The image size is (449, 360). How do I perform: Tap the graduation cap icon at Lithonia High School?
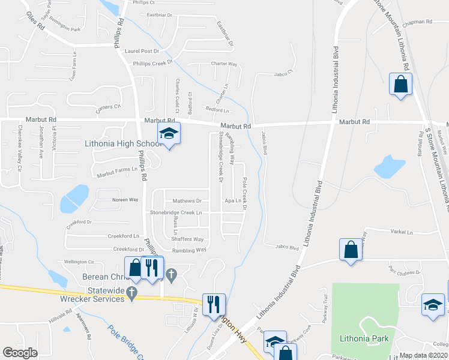coord(169,135)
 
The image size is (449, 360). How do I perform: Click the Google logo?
coord(20,353)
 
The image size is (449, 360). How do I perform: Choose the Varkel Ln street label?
coord(401,232)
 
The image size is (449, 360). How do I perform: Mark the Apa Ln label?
coord(233,201)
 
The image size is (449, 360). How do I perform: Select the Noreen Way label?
coord(125,199)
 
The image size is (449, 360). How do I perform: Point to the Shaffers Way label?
coord(188,239)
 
